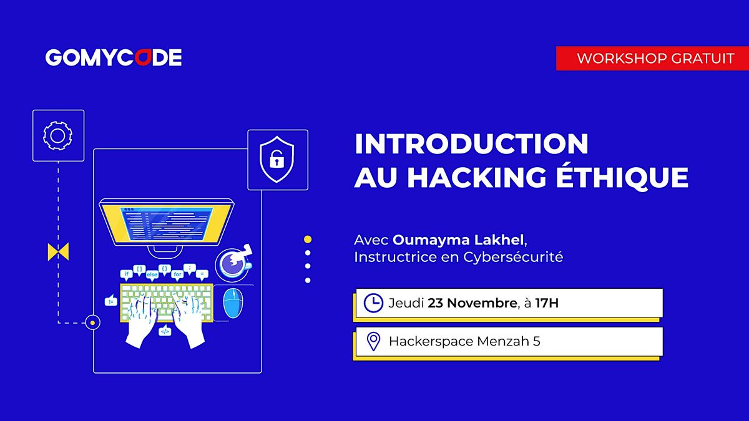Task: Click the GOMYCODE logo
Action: click(x=113, y=58)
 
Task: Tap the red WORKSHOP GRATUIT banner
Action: click(x=652, y=59)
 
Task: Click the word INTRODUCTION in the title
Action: click(x=471, y=145)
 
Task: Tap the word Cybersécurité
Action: click(x=513, y=257)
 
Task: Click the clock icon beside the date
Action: click(x=373, y=303)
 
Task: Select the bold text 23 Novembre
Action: click(x=472, y=304)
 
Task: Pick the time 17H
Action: click(x=547, y=304)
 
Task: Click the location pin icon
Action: click(x=373, y=341)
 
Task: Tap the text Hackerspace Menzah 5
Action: click(x=464, y=341)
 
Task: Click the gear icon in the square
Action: click(x=57, y=135)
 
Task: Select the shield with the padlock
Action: click(x=277, y=159)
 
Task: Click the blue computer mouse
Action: click(x=233, y=303)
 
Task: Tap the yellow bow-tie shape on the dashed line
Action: click(x=58, y=252)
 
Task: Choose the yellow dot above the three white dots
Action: click(x=308, y=239)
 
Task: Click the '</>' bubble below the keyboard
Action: click(x=165, y=331)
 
